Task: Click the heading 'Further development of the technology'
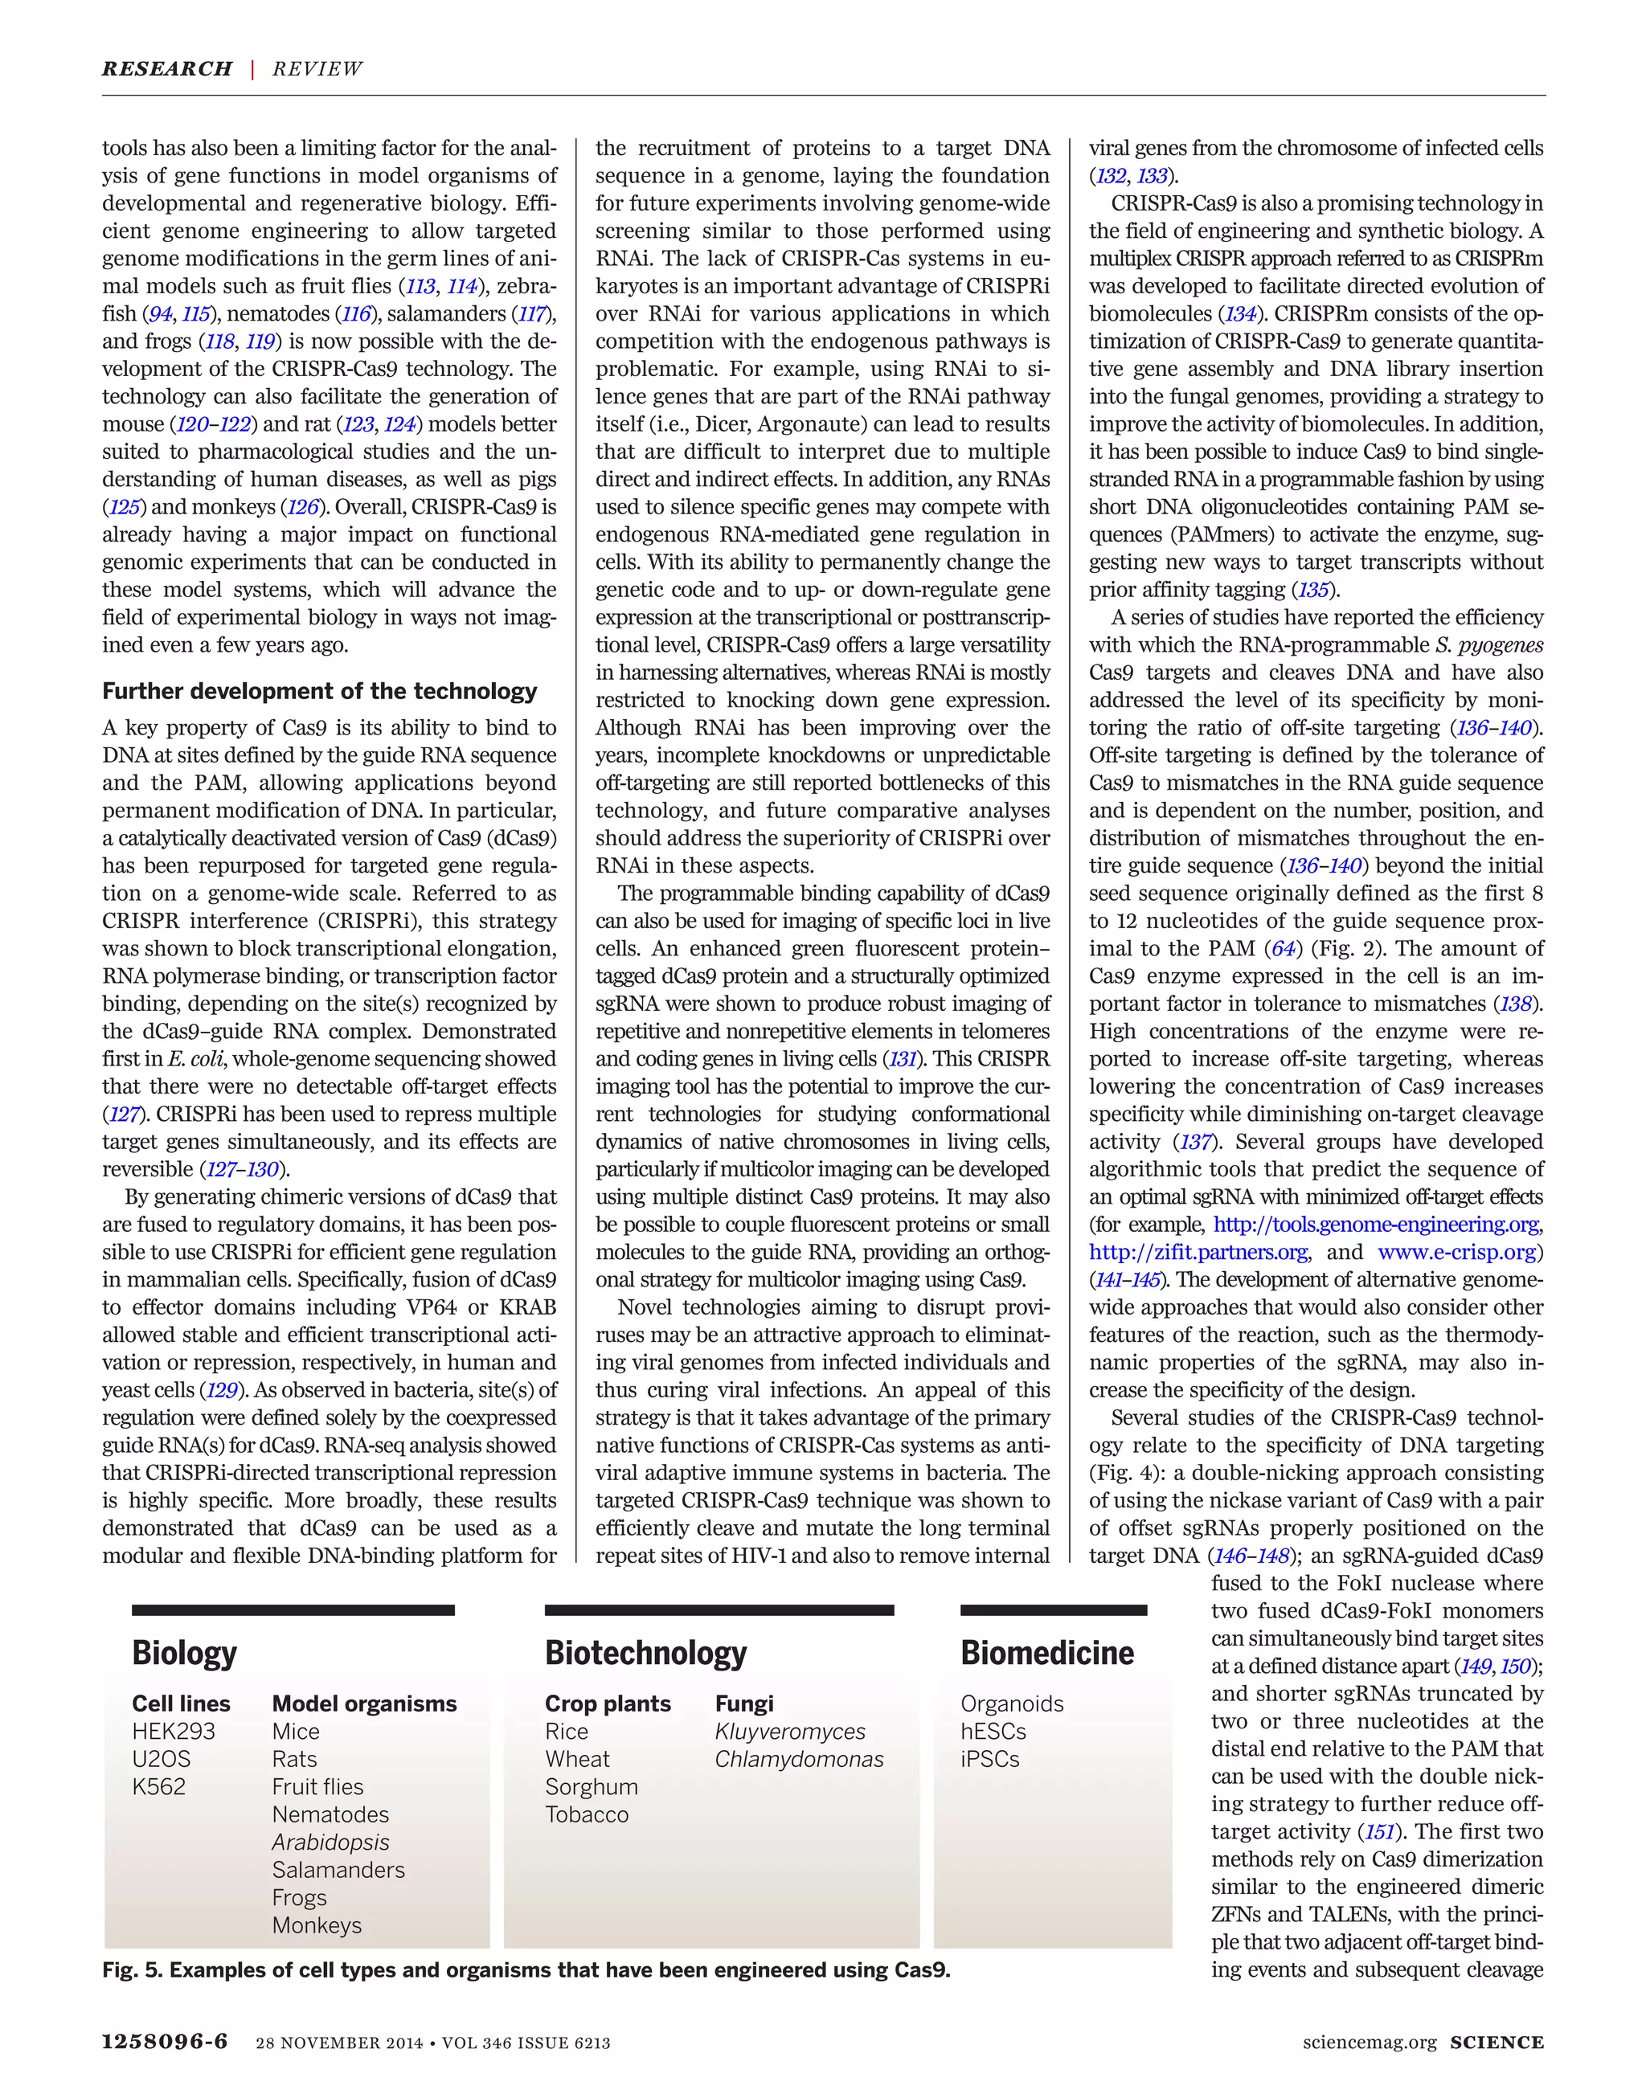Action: pyautogui.click(x=319, y=691)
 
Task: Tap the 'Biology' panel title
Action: pyautogui.click(x=184, y=1653)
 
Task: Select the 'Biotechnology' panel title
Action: pyautogui.click(x=645, y=1653)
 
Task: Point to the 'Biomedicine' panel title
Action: pyautogui.click(x=1046, y=1653)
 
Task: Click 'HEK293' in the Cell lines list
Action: pyautogui.click(x=174, y=1731)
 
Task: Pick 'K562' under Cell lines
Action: pyautogui.click(x=159, y=1786)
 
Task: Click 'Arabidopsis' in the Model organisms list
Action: pyautogui.click(x=330, y=1842)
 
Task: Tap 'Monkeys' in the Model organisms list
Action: pyautogui.click(x=317, y=1925)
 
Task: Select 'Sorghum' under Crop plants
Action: pyautogui.click(x=592, y=1786)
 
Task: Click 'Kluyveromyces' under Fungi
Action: pyautogui.click(x=790, y=1731)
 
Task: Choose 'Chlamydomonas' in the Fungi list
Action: pyautogui.click(x=799, y=1759)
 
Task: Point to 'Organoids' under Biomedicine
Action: pyautogui.click(x=1012, y=1703)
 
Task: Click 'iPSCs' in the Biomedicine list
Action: pyautogui.click(x=989, y=1759)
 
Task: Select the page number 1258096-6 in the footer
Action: pyautogui.click(x=165, y=2042)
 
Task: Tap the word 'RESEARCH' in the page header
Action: pyautogui.click(x=166, y=68)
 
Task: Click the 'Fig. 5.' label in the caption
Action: pyautogui.click(x=132, y=1969)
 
